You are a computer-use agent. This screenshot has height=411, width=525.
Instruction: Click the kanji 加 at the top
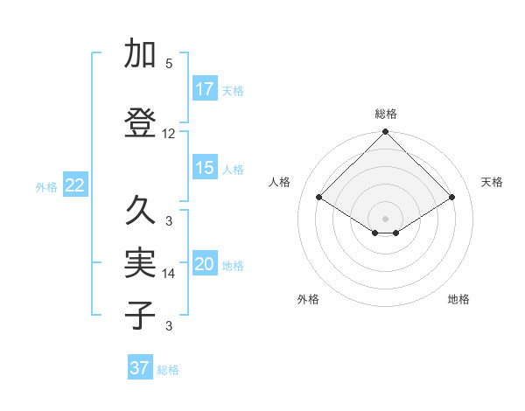(140, 54)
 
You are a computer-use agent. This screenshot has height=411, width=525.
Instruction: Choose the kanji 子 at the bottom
(140, 315)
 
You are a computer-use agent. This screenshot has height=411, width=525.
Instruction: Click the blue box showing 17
(205, 89)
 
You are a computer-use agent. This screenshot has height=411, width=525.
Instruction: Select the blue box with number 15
(205, 168)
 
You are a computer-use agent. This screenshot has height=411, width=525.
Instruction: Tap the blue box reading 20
(205, 264)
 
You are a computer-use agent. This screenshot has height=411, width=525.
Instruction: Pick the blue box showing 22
(75, 185)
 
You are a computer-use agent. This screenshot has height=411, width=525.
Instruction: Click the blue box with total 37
(140, 368)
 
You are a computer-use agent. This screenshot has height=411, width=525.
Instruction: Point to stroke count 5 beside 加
(169, 64)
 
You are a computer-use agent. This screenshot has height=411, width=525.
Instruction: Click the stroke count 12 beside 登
(169, 134)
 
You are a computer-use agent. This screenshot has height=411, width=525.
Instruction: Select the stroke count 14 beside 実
(169, 274)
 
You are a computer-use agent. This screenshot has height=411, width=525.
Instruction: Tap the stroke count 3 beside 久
(169, 220)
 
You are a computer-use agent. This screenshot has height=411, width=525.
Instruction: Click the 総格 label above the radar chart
(385, 114)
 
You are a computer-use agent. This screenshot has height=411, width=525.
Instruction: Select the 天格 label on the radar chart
(492, 182)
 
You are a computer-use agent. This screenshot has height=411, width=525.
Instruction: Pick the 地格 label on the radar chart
(458, 299)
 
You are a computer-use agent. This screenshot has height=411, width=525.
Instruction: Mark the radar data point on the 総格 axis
(385, 132)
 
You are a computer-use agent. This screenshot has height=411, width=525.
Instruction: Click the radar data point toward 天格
(452, 198)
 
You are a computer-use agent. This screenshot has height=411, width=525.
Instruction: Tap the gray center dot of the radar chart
(385, 218)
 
